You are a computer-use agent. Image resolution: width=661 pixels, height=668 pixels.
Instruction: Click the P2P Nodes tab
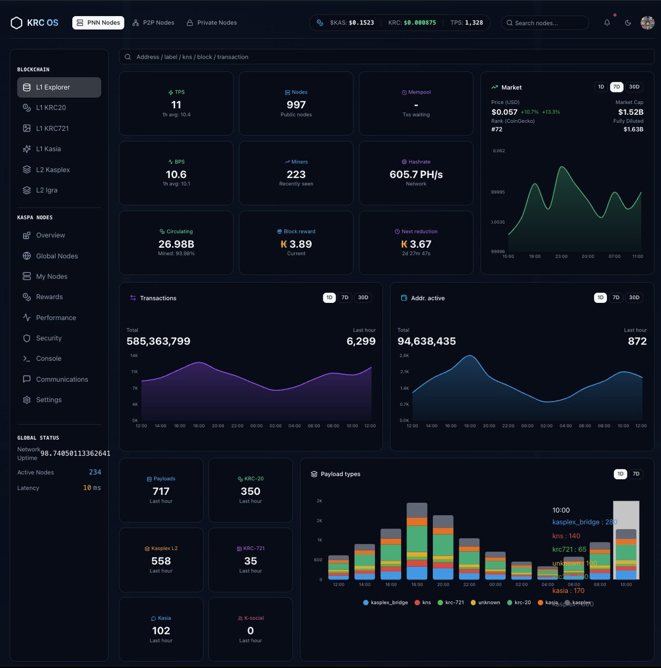coord(153,23)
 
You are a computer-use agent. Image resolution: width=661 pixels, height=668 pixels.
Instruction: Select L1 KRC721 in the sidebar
coord(52,129)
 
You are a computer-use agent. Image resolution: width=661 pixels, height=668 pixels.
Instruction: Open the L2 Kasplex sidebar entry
coord(53,170)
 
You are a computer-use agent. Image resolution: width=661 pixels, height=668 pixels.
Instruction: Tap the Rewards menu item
coord(49,297)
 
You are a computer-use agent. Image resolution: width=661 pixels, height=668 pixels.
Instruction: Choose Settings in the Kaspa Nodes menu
coord(48,400)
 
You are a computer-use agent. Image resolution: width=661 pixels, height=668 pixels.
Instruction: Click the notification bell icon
coord(607,23)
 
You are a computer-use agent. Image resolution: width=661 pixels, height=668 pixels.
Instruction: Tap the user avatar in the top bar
coord(647,23)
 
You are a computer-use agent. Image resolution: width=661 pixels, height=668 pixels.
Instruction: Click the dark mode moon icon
coord(628,23)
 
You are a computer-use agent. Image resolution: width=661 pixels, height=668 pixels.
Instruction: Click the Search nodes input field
coord(545,23)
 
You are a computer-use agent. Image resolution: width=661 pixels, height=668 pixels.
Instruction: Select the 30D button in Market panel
coord(634,87)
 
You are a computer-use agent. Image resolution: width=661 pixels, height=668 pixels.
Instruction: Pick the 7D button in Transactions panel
coord(345,298)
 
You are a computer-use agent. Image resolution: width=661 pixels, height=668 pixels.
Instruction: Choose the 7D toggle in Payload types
coord(636,474)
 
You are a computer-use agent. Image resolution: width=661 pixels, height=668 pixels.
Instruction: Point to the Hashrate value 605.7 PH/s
coord(416,175)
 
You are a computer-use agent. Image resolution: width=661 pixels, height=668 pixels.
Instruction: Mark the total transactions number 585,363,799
coord(159,341)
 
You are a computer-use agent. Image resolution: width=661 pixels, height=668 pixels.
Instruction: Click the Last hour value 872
coord(637,341)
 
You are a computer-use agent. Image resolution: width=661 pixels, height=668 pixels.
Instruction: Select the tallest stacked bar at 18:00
coord(417,541)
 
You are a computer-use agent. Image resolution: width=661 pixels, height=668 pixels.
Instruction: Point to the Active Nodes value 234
coord(95,473)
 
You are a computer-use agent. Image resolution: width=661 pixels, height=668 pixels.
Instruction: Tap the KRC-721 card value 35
coord(250,561)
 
